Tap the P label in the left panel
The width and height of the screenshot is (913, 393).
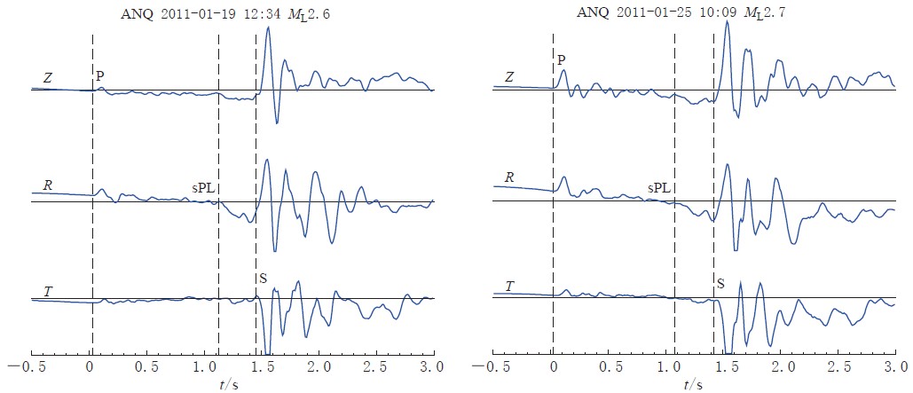(100, 77)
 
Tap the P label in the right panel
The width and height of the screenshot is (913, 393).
(561, 59)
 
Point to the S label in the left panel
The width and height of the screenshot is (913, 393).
(263, 279)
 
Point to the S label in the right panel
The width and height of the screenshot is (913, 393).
(720, 284)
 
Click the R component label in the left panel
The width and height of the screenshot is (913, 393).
(48, 185)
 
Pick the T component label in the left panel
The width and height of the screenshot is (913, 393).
(47, 291)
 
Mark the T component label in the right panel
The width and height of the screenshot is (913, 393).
(508, 286)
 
